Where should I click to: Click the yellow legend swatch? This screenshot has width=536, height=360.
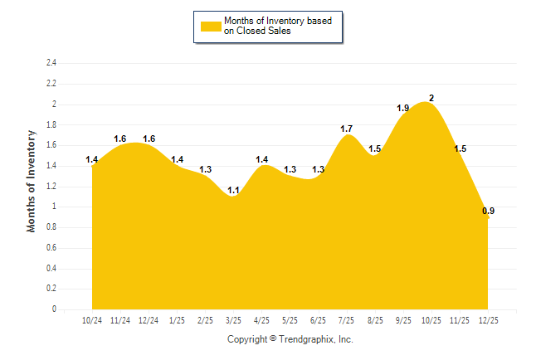click(x=211, y=26)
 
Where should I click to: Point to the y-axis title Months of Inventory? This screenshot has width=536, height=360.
click(x=32, y=181)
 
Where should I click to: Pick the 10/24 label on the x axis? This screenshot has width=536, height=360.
click(x=92, y=320)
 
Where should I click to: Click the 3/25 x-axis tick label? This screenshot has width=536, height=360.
click(x=233, y=320)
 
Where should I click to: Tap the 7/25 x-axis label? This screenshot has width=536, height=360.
click(x=347, y=320)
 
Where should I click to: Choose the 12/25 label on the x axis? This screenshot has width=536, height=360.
click(x=488, y=320)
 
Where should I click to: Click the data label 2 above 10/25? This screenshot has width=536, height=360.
click(x=431, y=98)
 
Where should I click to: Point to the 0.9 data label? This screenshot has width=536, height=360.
click(x=489, y=212)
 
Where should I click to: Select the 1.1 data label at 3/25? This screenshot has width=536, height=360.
click(x=233, y=191)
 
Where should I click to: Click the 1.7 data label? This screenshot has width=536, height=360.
click(x=347, y=129)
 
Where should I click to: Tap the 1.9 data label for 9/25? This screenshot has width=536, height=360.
click(x=403, y=108)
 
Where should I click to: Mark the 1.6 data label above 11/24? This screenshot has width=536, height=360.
click(x=119, y=139)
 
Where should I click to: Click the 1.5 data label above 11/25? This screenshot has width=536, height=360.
click(x=460, y=148)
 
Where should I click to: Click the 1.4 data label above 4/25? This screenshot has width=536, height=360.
click(x=261, y=159)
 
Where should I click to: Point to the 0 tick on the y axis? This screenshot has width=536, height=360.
click(x=54, y=309)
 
